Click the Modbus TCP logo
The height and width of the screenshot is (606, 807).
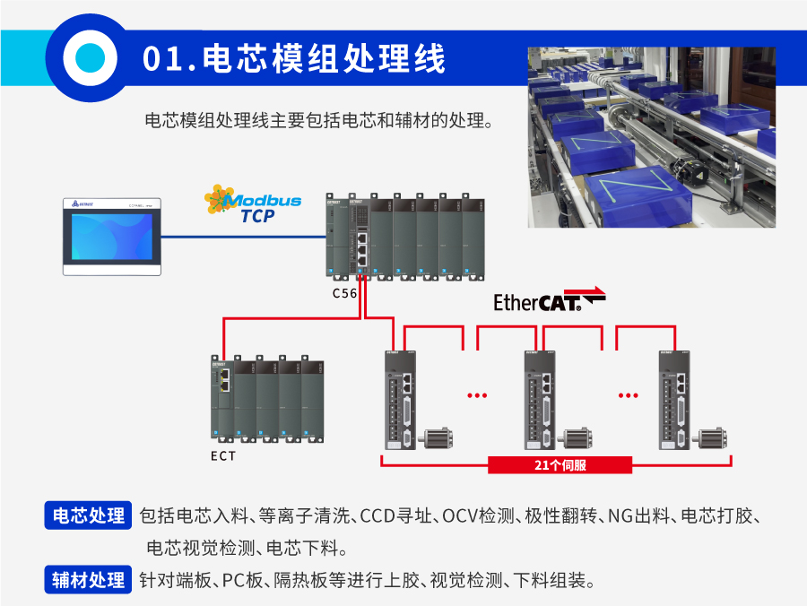(253, 204)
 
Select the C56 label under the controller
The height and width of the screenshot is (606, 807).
(344, 293)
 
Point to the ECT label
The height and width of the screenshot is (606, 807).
(223, 456)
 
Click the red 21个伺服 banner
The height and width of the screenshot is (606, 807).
(560, 465)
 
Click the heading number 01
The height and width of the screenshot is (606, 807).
(164, 60)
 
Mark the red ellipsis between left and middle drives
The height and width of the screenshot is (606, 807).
(476, 394)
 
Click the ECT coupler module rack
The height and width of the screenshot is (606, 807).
(267, 400)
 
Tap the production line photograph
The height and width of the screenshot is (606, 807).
(652, 136)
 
